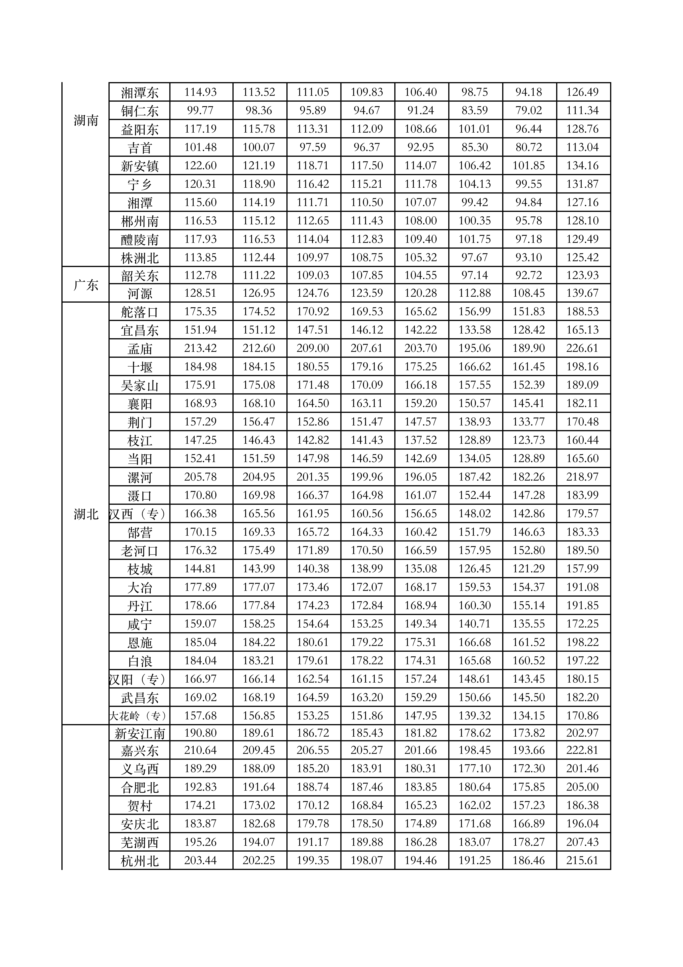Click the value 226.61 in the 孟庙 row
click(582, 348)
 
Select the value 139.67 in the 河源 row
click(582, 293)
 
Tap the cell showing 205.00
click(582, 787)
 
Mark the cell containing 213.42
click(200, 348)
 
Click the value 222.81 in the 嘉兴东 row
click(582, 750)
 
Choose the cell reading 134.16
click(582, 166)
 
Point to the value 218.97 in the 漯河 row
click(582, 477)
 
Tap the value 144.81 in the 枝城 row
click(200, 568)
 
